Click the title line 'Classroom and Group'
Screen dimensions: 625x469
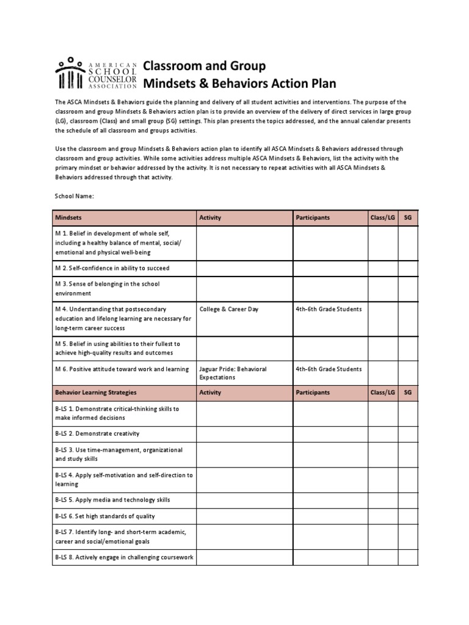pyautogui.click(x=204, y=66)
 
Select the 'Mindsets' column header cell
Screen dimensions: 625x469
pyautogui.click(x=68, y=217)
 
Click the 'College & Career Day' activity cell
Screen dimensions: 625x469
pyautogui.click(x=229, y=309)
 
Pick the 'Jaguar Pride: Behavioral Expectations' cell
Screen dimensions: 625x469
pyautogui.click(x=233, y=373)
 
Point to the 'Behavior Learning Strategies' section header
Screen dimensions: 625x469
pyautogui.click(x=96, y=392)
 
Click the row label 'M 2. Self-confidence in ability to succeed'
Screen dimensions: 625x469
pyautogui.click(x=112, y=268)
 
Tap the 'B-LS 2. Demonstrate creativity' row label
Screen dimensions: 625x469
pyautogui.click(x=97, y=433)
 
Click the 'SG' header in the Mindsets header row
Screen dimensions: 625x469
pyautogui.click(x=407, y=217)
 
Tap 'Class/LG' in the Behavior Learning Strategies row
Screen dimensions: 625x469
pyautogui.click(x=382, y=392)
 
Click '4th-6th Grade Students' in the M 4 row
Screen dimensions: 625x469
pyautogui.click(x=329, y=309)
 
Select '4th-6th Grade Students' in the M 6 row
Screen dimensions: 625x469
pyautogui.click(x=329, y=369)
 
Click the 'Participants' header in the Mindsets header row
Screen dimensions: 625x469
pyautogui.click(x=313, y=217)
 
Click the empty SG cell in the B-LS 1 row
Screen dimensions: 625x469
pyautogui.click(x=407, y=413)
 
